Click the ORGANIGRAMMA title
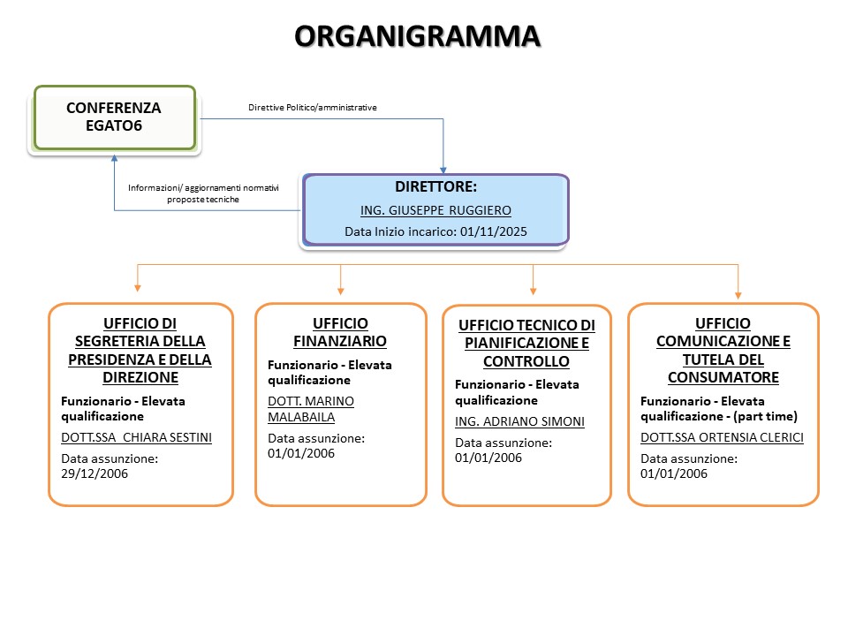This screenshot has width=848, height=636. tap(416, 36)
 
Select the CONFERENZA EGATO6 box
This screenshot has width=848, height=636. tap(114, 117)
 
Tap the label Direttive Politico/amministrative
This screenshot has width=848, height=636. tap(313, 108)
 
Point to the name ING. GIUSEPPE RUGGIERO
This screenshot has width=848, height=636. tap(435, 210)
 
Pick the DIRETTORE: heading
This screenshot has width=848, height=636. tap(435, 187)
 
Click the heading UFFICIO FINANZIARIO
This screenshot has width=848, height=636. tap(340, 332)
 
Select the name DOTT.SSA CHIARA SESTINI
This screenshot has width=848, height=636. tap(136, 437)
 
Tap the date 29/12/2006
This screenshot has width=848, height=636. tap(95, 473)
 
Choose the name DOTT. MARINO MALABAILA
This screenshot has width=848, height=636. tap(310, 409)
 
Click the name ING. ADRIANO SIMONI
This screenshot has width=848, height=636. tap(519, 421)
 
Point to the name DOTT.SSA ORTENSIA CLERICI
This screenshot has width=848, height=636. tap(722, 437)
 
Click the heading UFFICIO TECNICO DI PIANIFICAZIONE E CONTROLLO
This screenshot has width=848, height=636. tap(526, 344)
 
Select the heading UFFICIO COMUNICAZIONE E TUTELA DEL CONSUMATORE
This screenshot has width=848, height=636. tap(723, 351)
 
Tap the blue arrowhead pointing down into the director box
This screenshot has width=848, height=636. tap(443, 168)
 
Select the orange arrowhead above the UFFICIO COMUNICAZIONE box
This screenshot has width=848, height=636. tap(738, 294)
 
